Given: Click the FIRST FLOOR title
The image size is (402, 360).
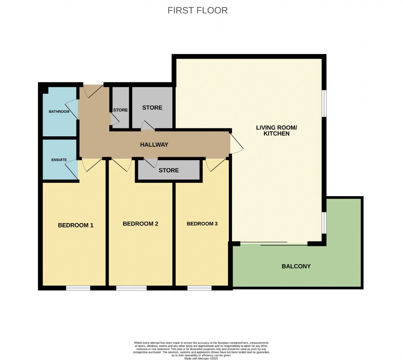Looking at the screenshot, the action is (x=198, y=10).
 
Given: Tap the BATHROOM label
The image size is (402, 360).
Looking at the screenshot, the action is (x=59, y=112).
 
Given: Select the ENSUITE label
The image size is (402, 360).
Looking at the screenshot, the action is (x=59, y=160).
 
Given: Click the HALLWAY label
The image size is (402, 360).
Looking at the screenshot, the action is (x=154, y=145).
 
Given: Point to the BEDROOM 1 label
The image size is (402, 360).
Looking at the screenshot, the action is (x=76, y=225).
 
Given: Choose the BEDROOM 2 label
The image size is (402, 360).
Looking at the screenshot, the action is (x=140, y=224).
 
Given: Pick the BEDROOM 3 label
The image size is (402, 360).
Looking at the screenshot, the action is (x=202, y=224).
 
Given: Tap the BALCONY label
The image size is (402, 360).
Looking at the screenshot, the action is (x=296, y=266).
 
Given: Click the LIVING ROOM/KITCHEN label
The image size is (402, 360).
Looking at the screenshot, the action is (x=276, y=130).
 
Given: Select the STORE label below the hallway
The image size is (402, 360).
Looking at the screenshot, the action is (x=169, y=170).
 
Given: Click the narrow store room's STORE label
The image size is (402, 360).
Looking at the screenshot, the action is (x=120, y=110).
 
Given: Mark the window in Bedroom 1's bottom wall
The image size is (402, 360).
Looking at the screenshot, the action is (x=78, y=288).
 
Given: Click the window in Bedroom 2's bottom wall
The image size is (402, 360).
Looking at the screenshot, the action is (x=131, y=288).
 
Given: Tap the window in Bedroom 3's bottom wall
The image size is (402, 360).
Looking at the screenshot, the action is (x=199, y=288).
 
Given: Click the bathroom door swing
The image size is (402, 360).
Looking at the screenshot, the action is (x=71, y=109).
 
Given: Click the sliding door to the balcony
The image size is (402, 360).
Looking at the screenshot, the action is (x=274, y=244).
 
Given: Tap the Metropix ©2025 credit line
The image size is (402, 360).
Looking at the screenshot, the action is (x=201, y=358).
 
